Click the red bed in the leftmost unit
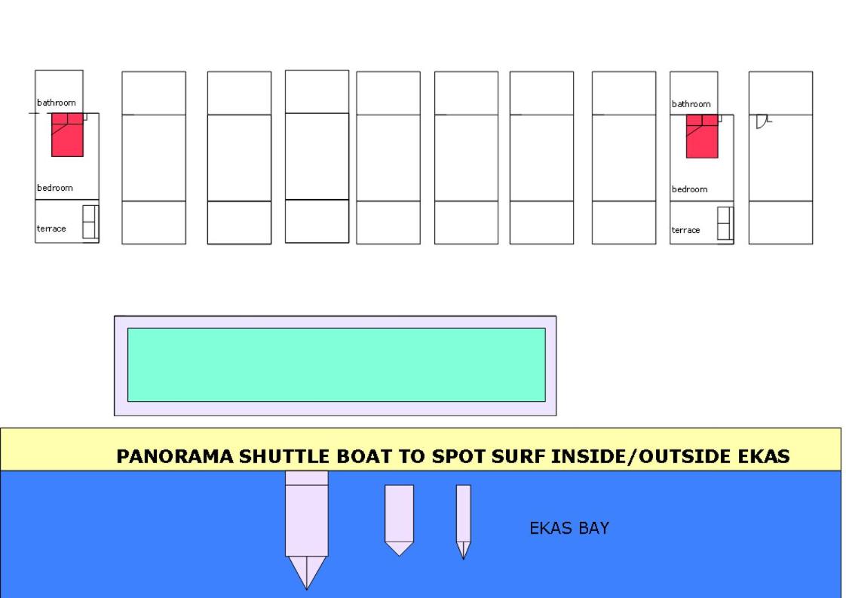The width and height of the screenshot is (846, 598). pos(67,135)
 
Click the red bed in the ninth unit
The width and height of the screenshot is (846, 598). pos(702,136)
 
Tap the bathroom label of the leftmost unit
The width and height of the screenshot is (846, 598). pos(56,103)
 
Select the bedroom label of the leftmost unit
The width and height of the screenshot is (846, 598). pos(54,188)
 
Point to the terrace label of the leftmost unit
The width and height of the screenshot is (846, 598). pos(51,228)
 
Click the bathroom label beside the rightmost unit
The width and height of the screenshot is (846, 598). pos(691,104)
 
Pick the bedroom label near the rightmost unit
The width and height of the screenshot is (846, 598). pos(689,189)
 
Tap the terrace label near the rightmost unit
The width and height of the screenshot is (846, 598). pos(685,230)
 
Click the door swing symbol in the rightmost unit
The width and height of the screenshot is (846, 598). pos(762,121)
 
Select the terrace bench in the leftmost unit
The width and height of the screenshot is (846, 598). pos(90,222)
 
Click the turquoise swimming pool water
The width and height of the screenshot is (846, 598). pos(337,365)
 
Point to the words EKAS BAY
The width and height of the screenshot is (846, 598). pos(569,528)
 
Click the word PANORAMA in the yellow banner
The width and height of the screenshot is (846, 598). pos(176,456)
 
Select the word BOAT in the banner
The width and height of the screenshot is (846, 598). pos(364,456)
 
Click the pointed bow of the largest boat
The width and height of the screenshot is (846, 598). pos(306,589)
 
